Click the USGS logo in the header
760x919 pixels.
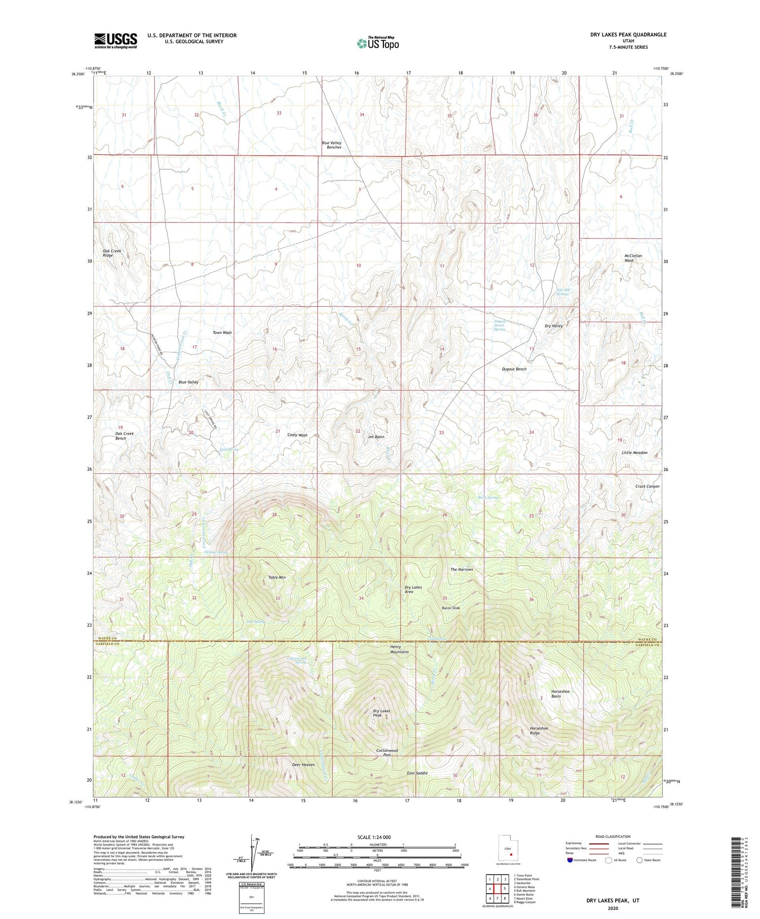[x=116, y=41]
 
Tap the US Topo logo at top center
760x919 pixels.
[x=377, y=43]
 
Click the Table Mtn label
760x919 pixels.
[x=277, y=577]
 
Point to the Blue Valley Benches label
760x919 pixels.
[x=331, y=145]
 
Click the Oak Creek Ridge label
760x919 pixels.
[x=112, y=253]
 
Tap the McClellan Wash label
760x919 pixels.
[x=633, y=258]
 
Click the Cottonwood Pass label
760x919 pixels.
[x=387, y=753]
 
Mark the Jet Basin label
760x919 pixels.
[x=376, y=436]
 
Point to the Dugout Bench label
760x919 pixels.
[x=514, y=369]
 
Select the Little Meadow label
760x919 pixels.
[x=634, y=453]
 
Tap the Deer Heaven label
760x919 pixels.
[x=303, y=764]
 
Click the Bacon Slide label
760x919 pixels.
[x=451, y=608]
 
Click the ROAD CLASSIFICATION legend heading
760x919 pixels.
[x=613, y=836]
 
